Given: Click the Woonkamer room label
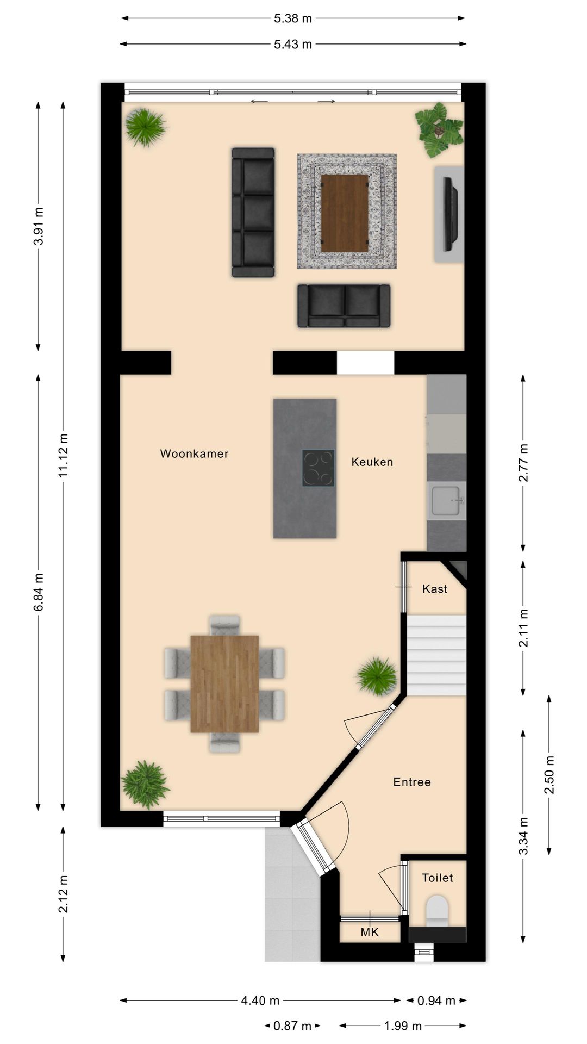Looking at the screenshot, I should pyautogui.click(x=194, y=453).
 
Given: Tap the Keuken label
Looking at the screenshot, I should pyautogui.click(x=372, y=462).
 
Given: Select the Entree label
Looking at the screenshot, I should pyautogui.click(x=412, y=782).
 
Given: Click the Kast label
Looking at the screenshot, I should pyautogui.click(x=434, y=588).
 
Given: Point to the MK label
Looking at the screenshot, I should pyautogui.click(x=370, y=933).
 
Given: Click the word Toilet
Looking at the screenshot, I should pyautogui.click(x=437, y=878).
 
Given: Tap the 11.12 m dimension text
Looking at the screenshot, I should pyautogui.click(x=64, y=456).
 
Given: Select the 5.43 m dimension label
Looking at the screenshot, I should pyautogui.click(x=293, y=44).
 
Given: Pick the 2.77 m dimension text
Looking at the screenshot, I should pyautogui.click(x=523, y=463).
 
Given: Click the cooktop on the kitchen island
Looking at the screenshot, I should pyautogui.click(x=319, y=468).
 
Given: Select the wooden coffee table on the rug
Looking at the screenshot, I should pyautogui.click(x=345, y=213).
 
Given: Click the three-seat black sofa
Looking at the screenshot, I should pyautogui.click(x=253, y=212).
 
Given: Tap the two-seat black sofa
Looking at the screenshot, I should pyautogui.click(x=344, y=306).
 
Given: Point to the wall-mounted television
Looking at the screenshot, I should pyautogui.click(x=450, y=214).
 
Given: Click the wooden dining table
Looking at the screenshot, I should pyautogui.click(x=224, y=683).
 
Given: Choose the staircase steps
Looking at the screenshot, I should pyautogui.click(x=437, y=655).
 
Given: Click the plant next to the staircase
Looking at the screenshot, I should pyautogui.click(x=377, y=675).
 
